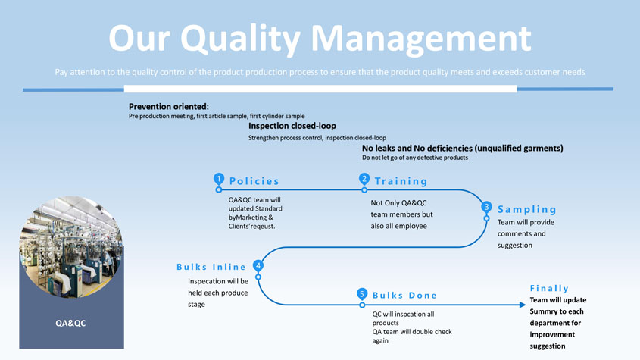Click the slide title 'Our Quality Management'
tap(320, 37)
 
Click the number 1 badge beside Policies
tap(219, 179)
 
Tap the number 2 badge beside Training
tap(364, 179)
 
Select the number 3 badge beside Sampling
tap(486, 207)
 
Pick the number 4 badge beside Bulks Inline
tap(258, 266)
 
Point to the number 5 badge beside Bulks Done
tap(362, 293)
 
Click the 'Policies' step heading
tap(254, 181)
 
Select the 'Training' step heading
tap(401, 181)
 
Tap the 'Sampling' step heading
tap(527, 209)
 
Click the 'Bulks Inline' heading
tap(211, 267)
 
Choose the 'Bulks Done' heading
tap(404, 295)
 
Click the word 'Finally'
tap(549, 288)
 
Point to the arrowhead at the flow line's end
tap(522, 305)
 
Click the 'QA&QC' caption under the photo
tap(70, 324)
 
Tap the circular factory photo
tap(71, 246)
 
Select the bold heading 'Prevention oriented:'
tap(169, 107)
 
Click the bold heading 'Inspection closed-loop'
tap(292, 126)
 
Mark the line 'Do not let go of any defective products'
tap(415, 158)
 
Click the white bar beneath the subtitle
tap(320, 89)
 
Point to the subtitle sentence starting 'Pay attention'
tap(320, 72)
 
